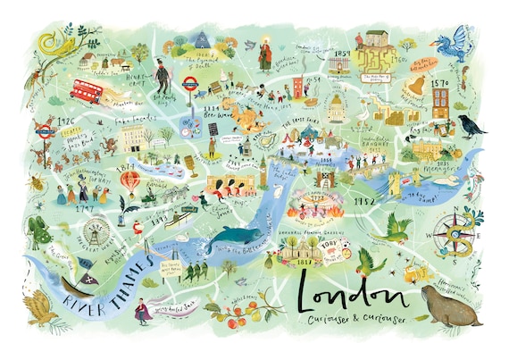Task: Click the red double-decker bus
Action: point(87,89)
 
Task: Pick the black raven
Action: point(471,126)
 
